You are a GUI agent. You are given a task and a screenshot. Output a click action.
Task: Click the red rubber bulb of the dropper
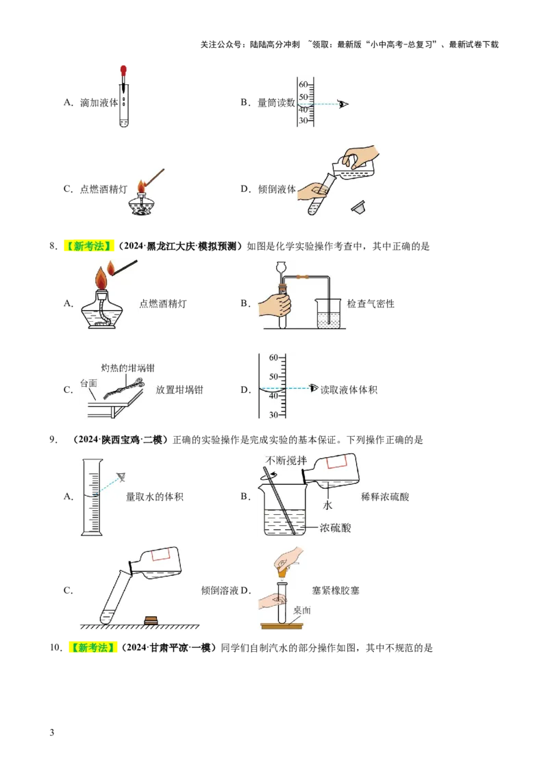(x=123, y=69)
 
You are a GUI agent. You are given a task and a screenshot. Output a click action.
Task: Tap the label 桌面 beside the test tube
(x=301, y=610)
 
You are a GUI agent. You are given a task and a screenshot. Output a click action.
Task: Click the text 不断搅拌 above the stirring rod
(x=287, y=460)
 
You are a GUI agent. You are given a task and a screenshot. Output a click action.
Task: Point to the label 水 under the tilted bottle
(x=327, y=505)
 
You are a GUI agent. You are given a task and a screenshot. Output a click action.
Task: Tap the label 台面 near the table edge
(x=88, y=383)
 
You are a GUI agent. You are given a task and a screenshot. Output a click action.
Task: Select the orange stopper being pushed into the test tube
(x=282, y=572)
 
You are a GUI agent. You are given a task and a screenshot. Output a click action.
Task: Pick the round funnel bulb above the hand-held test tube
(x=280, y=264)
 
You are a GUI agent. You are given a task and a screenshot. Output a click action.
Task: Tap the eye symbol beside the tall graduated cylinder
(x=122, y=477)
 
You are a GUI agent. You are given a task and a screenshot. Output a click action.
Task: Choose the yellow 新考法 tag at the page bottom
(x=93, y=648)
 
